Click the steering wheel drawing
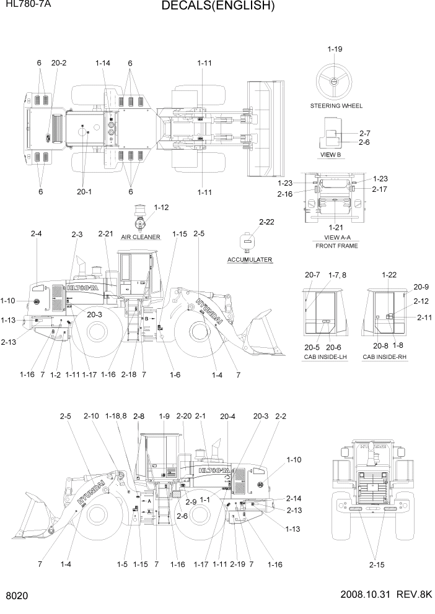click(334, 80)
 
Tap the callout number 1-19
click(335, 49)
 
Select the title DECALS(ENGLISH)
click(217, 7)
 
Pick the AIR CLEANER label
click(141, 237)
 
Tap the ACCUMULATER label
click(250, 259)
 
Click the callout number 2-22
click(266, 221)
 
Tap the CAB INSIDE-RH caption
click(385, 358)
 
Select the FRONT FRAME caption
click(336, 246)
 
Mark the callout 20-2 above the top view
click(59, 63)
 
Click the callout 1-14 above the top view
click(103, 63)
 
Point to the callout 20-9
click(421, 287)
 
